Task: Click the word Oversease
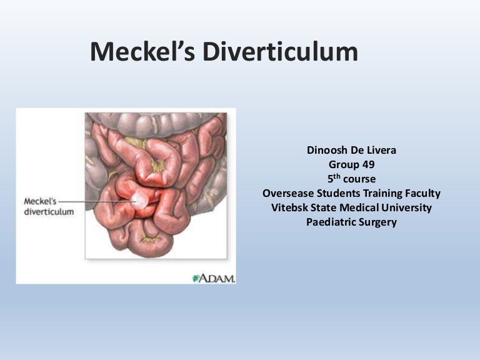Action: click(289, 194)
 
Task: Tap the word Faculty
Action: click(420, 194)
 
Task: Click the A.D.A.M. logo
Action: click(214, 277)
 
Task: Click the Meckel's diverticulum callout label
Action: click(48, 207)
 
